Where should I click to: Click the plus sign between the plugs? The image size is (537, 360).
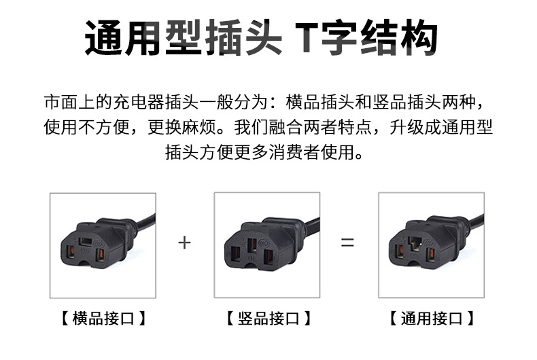(x=184, y=242)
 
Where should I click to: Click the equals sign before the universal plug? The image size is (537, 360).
(x=347, y=242)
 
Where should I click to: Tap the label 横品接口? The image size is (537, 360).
(x=103, y=318)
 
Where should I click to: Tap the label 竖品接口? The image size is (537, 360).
(x=267, y=318)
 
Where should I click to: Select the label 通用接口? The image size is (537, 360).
(x=432, y=318)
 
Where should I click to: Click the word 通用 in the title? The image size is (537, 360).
(x=122, y=39)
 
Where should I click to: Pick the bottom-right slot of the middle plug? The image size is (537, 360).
(x=267, y=257)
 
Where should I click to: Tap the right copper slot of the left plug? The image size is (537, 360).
(x=99, y=254)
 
